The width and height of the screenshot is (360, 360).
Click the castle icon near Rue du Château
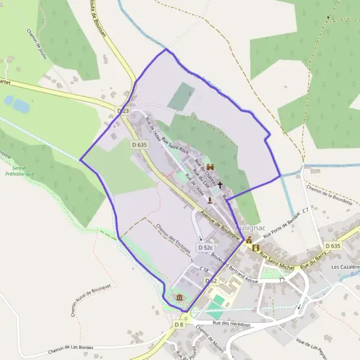pyautogui.click(x=210, y=167)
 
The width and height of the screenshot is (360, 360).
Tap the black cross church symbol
pyautogui.click(x=220, y=185)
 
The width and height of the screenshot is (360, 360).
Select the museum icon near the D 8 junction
pyautogui.click(x=180, y=297)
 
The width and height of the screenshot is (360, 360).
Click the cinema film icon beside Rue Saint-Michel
pyautogui.click(x=257, y=248)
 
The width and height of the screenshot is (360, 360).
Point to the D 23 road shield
pyautogui.click(x=123, y=111)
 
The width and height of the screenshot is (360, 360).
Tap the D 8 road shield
pyautogui.click(x=179, y=325)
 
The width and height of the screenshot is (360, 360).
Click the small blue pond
pyautogui.click(x=21, y=106)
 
